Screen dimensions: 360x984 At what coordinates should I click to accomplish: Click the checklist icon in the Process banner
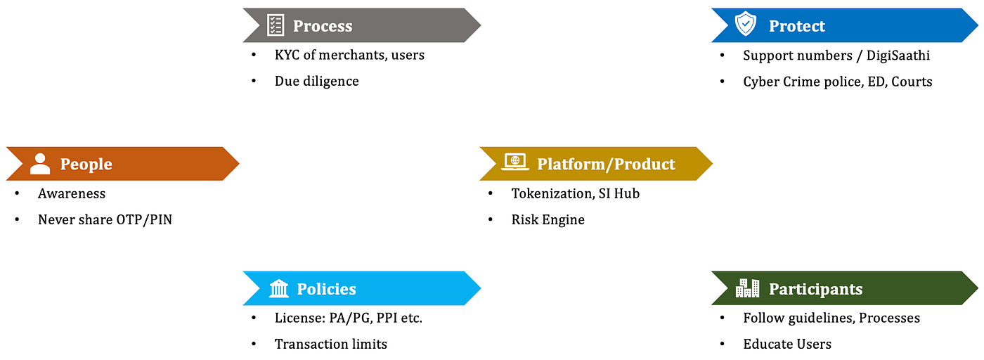(276, 25)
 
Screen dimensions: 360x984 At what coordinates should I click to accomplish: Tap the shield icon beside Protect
(745, 25)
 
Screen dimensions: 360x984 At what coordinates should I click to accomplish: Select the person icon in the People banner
(40, 164)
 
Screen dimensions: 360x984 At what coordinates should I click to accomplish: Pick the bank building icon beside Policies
(278, 288)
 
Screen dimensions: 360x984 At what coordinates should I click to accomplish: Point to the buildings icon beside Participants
(747, 288)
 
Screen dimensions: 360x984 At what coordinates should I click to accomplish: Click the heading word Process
(323, 26)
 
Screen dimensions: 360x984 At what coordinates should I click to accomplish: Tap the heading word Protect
(796, 26)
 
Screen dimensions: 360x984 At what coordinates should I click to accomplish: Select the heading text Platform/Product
(606, 164)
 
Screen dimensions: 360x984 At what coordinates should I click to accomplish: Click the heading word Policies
(326, 289)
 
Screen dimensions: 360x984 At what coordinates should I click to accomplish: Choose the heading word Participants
(815, 289)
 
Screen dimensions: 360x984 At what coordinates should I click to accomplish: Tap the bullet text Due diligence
(316, 81)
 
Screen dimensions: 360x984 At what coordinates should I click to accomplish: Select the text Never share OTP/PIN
(105, 219)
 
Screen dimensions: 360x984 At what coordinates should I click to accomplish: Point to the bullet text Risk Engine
(548, 219)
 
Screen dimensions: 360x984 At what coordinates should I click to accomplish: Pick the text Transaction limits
(330, 344)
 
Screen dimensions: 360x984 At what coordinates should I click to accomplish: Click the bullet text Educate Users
(787, 344)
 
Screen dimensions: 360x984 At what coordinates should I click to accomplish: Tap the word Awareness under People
(72, 193)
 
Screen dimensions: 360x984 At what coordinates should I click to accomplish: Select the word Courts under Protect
(912, 82)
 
